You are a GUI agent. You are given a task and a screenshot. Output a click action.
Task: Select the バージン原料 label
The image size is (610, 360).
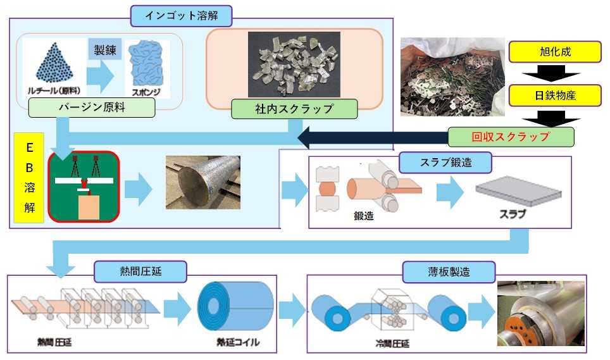pyautogui.click(x=92, y=108)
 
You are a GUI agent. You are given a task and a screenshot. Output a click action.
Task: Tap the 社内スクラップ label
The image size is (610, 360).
pyautogui.click(x=294, y=108)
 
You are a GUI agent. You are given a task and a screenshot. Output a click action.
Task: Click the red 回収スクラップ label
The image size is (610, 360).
pyautogui.click(x=511, y=137)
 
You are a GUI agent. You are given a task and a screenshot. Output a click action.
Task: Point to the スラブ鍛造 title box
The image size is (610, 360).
pyautogui.click(x=445, y=163)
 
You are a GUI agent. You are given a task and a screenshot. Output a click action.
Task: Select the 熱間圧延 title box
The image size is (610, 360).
pyautogui.click(x=140, y=272)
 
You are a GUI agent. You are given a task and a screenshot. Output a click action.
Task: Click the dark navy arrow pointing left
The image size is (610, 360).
pyautogui.click(x=373, y=137)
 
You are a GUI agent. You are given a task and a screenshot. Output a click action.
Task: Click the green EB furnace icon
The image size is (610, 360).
pyautogui.click(x=84, y=187)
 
